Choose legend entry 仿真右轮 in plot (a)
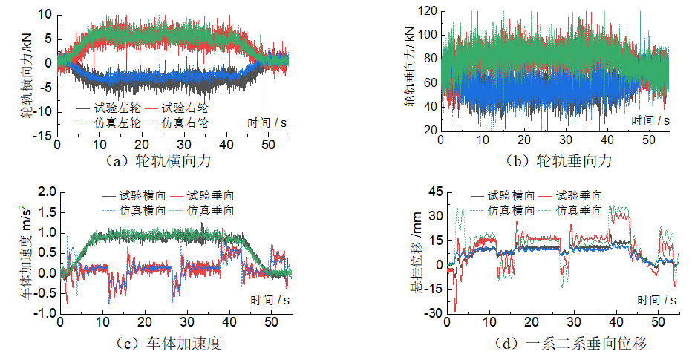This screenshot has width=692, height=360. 185,122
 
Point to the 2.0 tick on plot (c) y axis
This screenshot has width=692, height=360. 47,192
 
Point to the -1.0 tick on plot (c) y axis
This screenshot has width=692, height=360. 45,313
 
